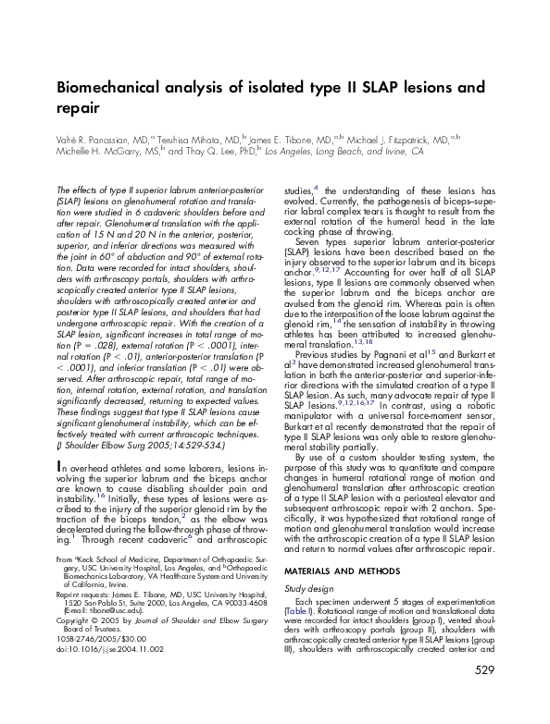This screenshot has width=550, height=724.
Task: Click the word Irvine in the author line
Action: pos(377,150)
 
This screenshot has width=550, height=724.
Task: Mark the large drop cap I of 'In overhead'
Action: pos(60,439)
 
